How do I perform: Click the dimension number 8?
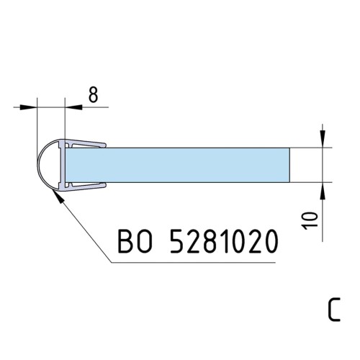(x=93, y=94)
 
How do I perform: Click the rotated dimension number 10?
(x=310, y=220)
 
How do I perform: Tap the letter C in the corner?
(x=334, y=310)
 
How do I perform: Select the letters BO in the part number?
(x=135, y=241)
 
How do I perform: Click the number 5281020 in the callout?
(x=224, y=241)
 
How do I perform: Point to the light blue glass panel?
(x=178, y=165)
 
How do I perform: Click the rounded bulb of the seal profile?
(x=48, y=165)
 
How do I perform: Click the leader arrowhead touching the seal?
(x=58, y=196)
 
